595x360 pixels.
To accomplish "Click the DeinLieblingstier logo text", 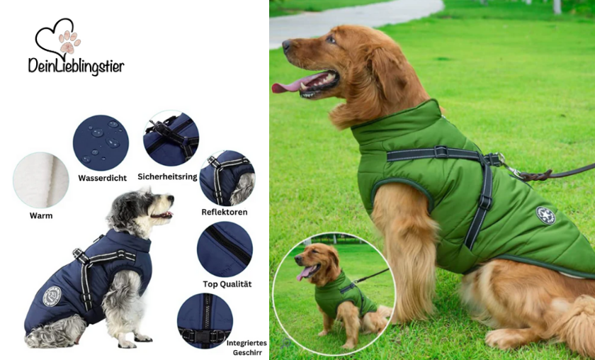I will (76, 66).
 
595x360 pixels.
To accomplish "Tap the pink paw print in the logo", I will (69, 41).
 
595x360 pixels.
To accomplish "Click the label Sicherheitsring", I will (167, 176).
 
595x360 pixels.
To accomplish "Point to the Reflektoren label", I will (224, 212).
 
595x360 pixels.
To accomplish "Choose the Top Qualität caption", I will (227, 283).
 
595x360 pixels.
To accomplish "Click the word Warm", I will (41, 215).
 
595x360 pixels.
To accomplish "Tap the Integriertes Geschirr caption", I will (247, 347).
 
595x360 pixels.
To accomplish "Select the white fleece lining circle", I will (41, 180).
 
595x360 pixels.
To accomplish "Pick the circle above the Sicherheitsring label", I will (171, 139).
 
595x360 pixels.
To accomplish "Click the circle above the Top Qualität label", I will (225, 249).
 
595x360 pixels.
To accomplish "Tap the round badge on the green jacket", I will (545, 215).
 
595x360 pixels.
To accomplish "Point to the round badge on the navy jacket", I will (52, 296).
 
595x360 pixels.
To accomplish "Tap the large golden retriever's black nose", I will (286, 45).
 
